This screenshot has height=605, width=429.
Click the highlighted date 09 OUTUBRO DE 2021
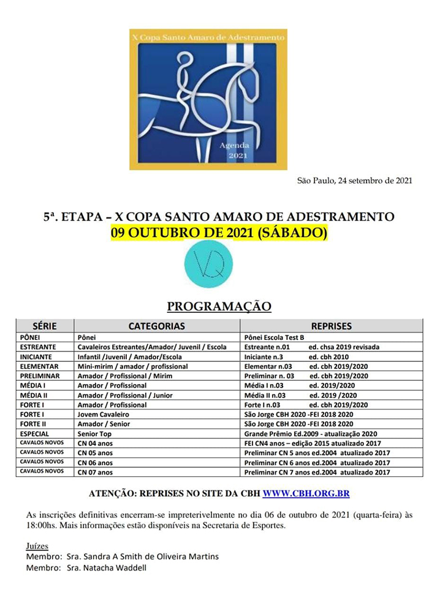click(219, 233)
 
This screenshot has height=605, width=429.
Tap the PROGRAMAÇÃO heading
click(219, 306)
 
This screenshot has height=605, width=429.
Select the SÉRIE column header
click(44, 326)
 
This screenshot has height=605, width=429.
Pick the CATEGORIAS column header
click(156, 326)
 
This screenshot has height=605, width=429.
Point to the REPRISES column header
click(331, 326)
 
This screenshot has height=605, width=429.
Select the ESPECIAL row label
click(34, 433)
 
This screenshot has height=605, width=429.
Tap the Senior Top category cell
click(95, 433)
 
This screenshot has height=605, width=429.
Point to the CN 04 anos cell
click(95, 443)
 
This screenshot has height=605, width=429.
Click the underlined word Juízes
click(37, 546)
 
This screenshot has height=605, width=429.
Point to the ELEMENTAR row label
click(39, 366)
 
